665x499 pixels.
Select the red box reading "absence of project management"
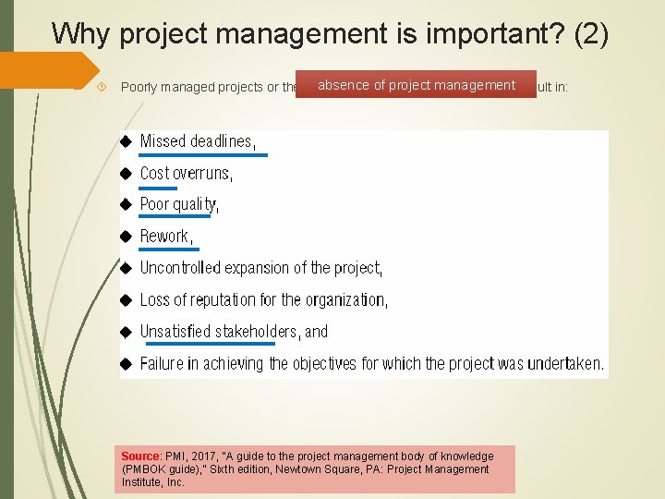[x=416, y=86]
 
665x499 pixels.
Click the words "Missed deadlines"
[x=196, y=141]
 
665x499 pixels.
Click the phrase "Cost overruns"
[x=185, y=173]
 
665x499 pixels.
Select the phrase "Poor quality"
[x=178, y=204]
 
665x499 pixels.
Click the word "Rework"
[x=164, y=236]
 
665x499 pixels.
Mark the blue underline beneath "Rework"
[x=168, y=249]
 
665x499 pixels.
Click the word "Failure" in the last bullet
[x=163, y=363]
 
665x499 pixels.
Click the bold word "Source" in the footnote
[x=141, y=456]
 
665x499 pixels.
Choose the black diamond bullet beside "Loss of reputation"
[x=127, y=300]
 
